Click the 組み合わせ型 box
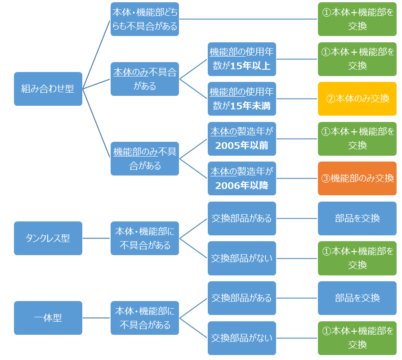[x=48, y=89]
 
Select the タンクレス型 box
[x=48, y=238]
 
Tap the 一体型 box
[x=48, y=318]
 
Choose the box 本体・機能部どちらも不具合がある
[x=145, y=19]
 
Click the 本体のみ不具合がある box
[x=145, y=79]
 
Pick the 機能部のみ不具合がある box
[x=145, y=158]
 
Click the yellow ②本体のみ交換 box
[x=357, y=99]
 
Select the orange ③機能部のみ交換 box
[x=357, y=178]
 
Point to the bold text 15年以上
[x=250, y=66]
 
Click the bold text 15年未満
[x=250, y=105]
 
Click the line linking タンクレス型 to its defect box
[x=97, y=238]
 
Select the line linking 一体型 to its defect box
[x=97, y=318]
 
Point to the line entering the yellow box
[x=297, y=99]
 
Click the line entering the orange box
[x=297, y=178]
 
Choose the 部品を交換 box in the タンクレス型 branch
[x=357, y=218]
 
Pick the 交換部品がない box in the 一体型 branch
[x=242, y=337]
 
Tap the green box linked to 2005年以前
[x=357, y=139]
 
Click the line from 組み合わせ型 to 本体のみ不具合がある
[x=97, y=84]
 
